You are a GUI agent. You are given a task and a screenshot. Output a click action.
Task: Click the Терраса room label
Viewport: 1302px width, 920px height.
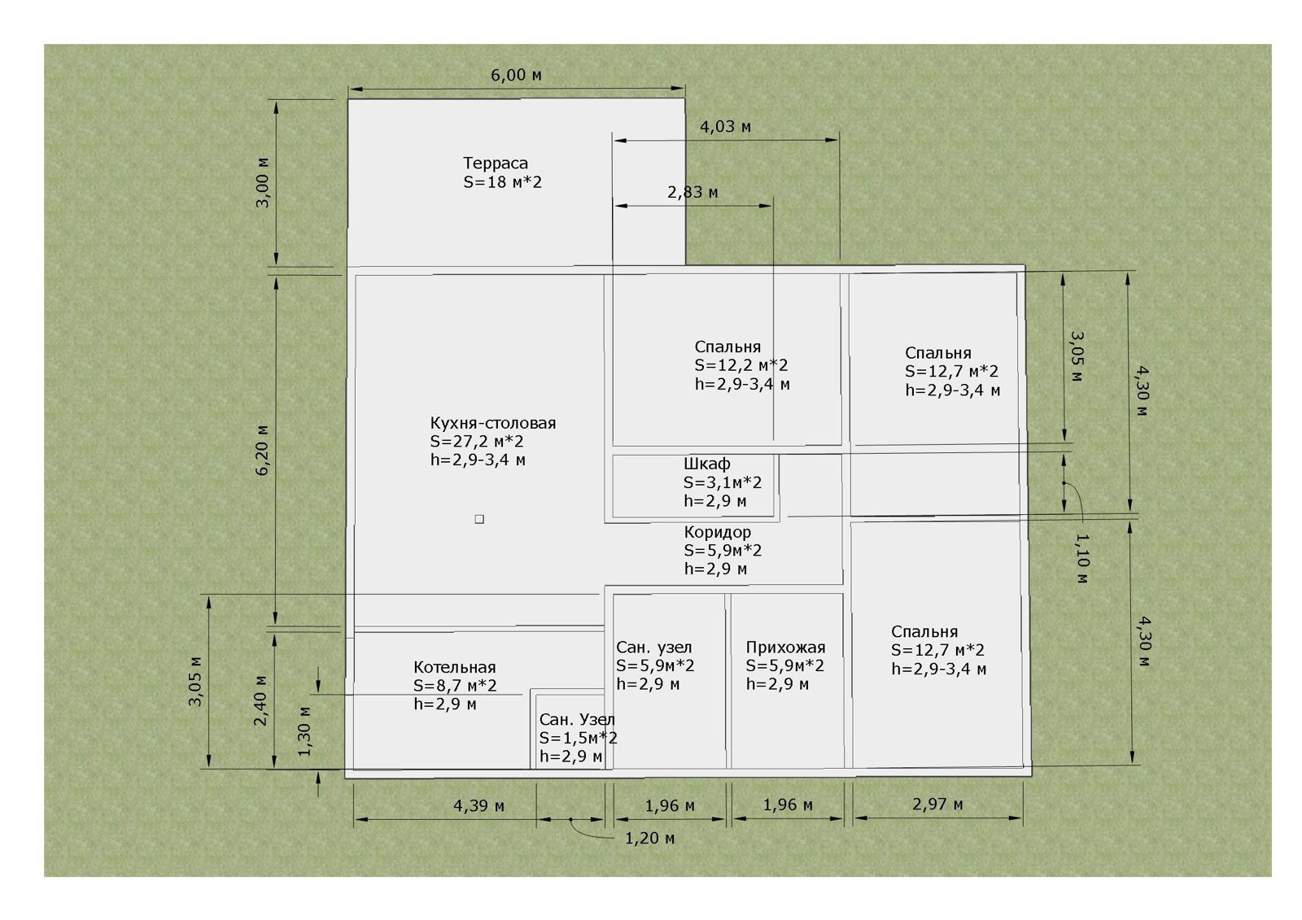pos(496,164)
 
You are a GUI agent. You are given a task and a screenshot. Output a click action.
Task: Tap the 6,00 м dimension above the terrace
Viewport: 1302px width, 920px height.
pos(516,75)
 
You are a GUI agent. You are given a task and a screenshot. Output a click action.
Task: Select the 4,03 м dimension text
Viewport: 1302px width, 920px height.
pos(725,127)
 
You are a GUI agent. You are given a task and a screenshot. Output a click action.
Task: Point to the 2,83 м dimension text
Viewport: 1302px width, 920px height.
pos(693,192)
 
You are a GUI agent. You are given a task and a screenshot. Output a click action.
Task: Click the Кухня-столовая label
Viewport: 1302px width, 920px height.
pos(493,423)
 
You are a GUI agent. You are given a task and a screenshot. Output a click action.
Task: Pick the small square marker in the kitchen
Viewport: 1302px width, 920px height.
pos(479,519)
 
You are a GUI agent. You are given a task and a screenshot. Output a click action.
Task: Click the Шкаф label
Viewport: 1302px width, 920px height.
pos(707,464)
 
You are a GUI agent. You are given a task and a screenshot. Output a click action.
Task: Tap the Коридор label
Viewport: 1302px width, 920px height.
pos(717,532)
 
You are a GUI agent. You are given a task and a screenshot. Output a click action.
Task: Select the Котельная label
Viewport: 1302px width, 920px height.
pos(455,667)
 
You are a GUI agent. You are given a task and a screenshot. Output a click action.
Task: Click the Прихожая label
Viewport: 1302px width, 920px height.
pos(785,647)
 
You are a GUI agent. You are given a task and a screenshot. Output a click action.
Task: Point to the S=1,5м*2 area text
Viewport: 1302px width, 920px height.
pos(579,738)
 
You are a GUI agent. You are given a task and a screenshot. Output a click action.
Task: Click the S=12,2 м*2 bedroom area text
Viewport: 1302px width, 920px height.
pos(741,365)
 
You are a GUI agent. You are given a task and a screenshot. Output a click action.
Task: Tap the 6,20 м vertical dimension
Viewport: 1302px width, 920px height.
pos(263,451)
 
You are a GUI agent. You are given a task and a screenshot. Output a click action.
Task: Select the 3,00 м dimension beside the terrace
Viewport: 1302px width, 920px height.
pos(264,182)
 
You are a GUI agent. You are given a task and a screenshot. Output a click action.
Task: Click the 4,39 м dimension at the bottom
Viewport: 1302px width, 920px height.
pos(479,805)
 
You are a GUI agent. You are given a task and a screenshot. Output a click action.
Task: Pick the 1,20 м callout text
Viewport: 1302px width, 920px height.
pos(650,838)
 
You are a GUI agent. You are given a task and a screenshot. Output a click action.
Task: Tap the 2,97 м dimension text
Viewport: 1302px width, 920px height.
pos(937,804)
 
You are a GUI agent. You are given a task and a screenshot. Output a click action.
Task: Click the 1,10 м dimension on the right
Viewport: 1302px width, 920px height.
pos(1081,559)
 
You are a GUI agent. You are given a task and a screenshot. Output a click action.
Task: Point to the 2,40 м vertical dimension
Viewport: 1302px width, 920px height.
pos(260,700)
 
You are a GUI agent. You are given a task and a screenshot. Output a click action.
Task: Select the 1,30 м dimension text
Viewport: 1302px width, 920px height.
pos(304,731)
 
